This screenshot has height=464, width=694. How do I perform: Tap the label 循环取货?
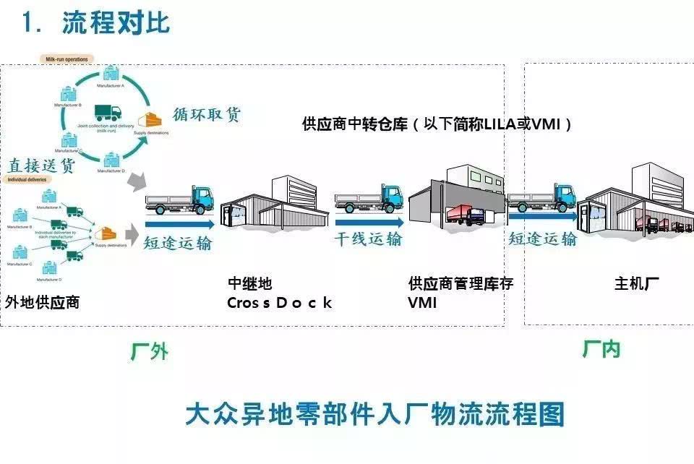click(x=206, y=115)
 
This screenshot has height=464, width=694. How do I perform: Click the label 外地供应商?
click(x=41, y=302)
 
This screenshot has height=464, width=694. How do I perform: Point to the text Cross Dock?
click(x=279, y=303)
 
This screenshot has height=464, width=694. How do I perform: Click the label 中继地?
click(x=250, y=284)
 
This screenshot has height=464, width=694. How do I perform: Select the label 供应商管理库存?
click(x=460, y=284)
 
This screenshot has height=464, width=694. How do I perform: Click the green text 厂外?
click(x=150, y=352)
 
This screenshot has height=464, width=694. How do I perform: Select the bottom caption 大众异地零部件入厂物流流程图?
click(x=374, y=414)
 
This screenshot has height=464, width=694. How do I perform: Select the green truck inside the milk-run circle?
click(x=108, y=113)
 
